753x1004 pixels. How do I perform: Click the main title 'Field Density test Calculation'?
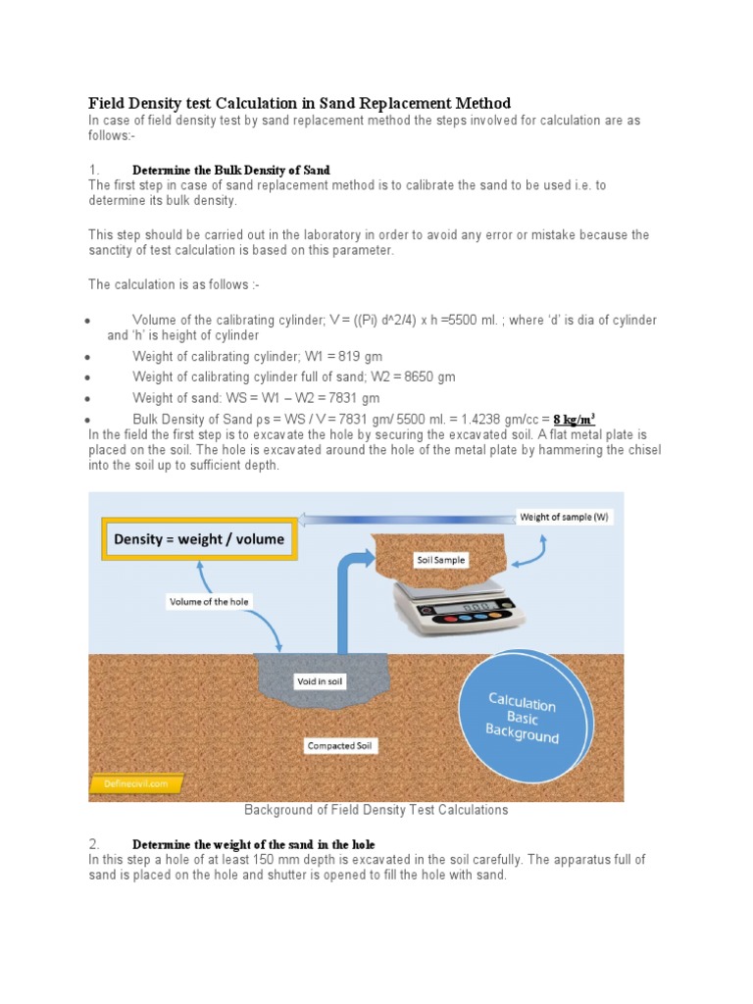299,103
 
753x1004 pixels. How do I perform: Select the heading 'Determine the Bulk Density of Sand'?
231,170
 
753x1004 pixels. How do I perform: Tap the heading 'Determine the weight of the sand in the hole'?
253,844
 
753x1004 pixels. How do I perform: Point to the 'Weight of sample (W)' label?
564,517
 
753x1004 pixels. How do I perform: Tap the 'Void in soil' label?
321,681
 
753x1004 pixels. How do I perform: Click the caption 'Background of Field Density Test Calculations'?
376,810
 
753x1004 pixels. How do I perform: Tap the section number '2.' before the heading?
94,844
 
